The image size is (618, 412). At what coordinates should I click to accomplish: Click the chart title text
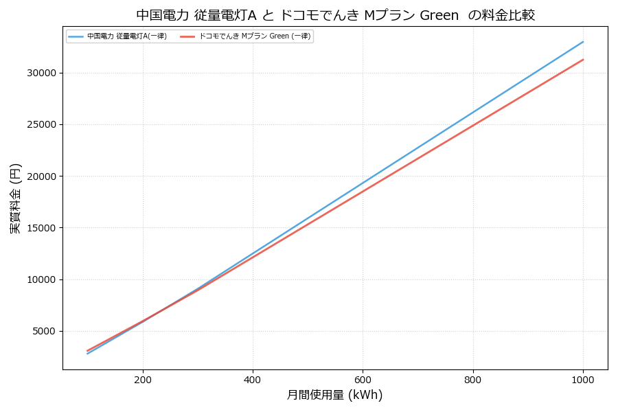[x=335, y=15]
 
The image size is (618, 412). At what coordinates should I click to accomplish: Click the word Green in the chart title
[x=439, y=15]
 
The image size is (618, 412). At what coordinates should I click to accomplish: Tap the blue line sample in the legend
[x=76, y=36]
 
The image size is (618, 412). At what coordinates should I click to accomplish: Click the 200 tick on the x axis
[x=143, y=379]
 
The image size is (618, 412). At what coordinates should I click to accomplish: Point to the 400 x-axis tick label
[x=253, y=379]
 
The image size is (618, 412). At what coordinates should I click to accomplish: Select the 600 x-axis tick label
[x=363, y=379]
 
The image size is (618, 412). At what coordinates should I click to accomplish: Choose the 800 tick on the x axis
[x=472, y=379]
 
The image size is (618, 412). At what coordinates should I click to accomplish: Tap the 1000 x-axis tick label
[x=583, y=379]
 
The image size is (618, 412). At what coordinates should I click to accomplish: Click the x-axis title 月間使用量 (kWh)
[x=334, y=395]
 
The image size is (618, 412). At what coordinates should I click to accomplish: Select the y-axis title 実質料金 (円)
[x=16, y=198]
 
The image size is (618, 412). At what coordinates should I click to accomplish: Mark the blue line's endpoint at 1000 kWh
[x=583, y=42]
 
